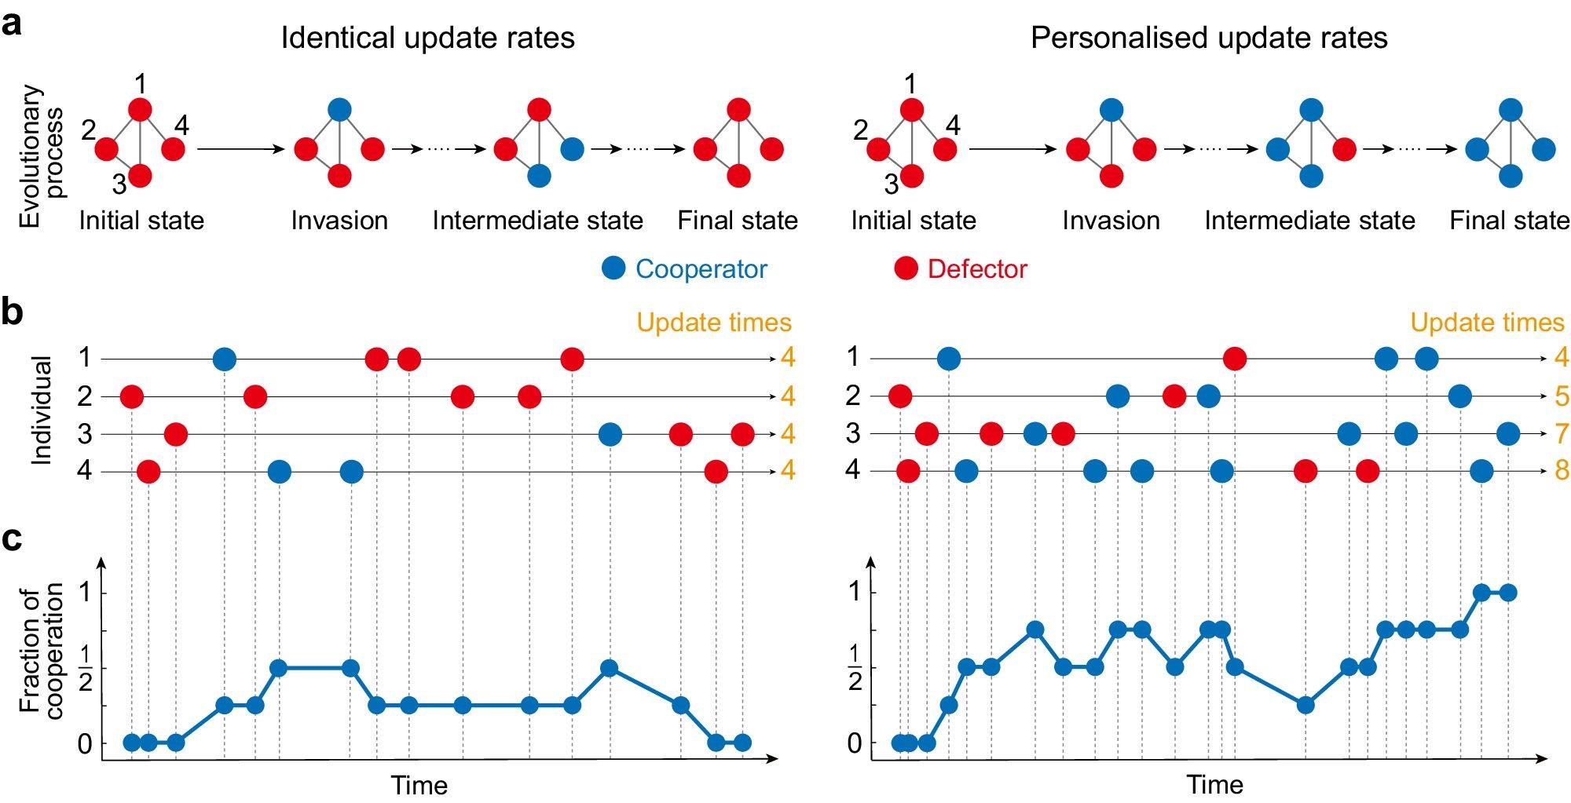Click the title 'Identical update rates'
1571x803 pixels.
[x=427, y=38]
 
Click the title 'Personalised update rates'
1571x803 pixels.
[x=1209, y=38]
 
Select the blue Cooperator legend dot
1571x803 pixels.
[x=613, y=268]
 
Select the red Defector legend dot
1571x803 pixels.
[x=906, y=268]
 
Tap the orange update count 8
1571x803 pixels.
[x=1562, y=470]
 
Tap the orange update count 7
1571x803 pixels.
[x=1562, y=433]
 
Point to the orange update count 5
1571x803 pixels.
[x=1562, y=396]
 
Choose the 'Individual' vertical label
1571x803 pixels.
[x=41, y=411]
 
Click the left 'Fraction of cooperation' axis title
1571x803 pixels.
[x=42, y=652]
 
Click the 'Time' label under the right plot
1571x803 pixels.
[x=1214, y=785]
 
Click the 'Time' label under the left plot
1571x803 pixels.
[x=419, y=785]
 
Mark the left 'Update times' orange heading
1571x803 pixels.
[x=713, y=323]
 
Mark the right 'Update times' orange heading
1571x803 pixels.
[x=1487, y=323]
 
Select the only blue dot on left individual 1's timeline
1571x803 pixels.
[x=225, y=360]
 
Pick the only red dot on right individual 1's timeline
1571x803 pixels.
[x=1235, y=360]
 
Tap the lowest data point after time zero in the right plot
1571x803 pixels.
[x=1306, y=705]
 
